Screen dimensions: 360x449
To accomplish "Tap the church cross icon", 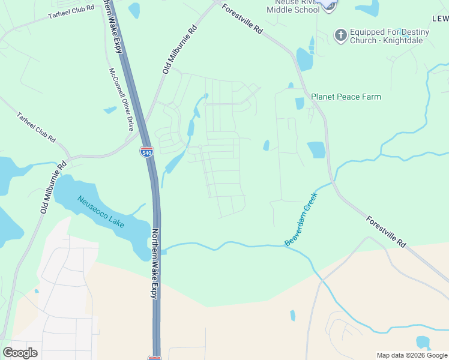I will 340,34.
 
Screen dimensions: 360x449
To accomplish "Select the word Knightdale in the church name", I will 408,41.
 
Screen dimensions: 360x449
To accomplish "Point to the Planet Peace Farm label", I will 346,97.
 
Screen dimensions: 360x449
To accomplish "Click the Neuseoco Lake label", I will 100,212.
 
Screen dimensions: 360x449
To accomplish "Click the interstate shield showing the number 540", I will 146,152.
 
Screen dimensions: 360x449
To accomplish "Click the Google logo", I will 20,353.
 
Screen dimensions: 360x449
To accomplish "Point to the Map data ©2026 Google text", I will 412,355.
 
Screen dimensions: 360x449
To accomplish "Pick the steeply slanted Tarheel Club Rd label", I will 36,127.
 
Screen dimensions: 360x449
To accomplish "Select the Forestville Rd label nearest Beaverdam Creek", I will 386,232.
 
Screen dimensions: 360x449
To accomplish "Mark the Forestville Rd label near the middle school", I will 242,19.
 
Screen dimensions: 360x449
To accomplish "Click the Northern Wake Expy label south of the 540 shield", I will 154,263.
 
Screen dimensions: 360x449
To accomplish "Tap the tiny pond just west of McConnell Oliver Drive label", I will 110,110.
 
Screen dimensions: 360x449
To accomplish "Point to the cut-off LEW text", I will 439,19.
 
